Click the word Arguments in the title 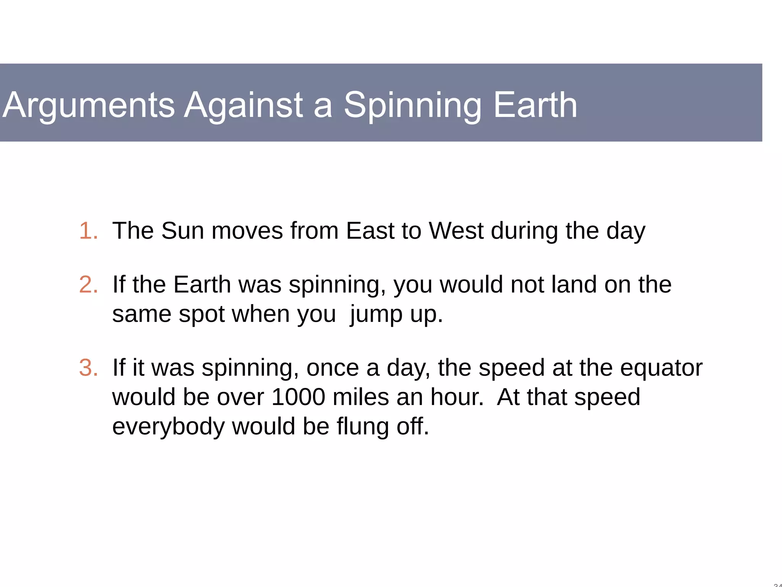(89, 105)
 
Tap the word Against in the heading (244, 105)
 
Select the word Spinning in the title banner (413, 105)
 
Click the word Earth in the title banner (535, 105)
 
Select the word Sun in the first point (183, 231)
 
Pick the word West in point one (456, 231)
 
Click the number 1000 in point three (298, 397)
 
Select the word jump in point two (376, 315)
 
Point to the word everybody (168, 426)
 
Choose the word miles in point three (361, 397)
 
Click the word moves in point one (247, 231)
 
